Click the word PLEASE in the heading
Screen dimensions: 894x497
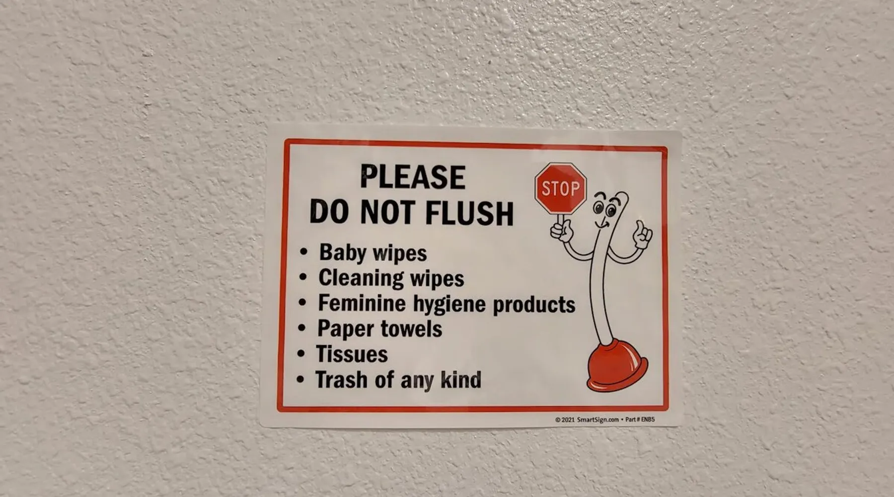click(413, 177)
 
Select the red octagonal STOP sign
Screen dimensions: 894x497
click(561, 188)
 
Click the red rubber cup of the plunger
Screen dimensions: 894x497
click(617, 365)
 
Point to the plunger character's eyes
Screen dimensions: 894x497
click(604, 208)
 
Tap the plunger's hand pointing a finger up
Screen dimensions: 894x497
click(643, 235)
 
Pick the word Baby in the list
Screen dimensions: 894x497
click(343, 252)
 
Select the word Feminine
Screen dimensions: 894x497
click(362, 303)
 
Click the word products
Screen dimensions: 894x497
click(534, 305)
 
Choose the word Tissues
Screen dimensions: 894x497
click(352, 354)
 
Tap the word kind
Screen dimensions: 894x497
click(461, 380)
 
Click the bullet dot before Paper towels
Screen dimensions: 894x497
click(301, 328)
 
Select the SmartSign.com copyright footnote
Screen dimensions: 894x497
click(605, 419)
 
